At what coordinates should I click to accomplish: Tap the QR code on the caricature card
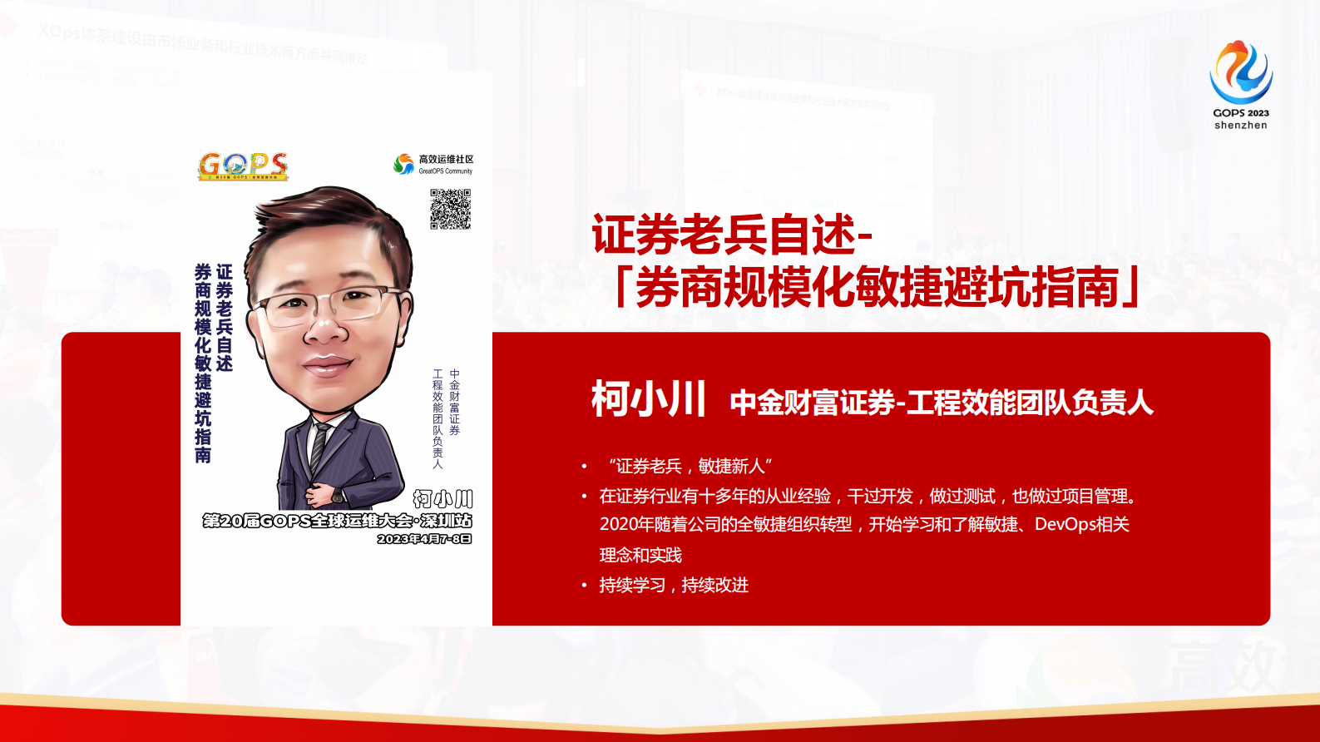(450, 209)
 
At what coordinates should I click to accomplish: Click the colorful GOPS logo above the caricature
(243, 166)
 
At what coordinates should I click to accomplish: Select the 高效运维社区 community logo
(433, 164)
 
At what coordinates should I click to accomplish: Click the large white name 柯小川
(648, 399)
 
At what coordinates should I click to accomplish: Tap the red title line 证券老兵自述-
(732, 235)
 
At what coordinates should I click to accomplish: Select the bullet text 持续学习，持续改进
(674, 585)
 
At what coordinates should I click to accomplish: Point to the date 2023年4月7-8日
(424, 539)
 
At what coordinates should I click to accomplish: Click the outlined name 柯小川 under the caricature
(442, 499)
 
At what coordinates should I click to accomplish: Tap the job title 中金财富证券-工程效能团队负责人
(941, 403)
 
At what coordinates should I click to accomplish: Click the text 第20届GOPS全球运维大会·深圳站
(337, 521)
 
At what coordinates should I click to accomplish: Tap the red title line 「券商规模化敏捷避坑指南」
(878, 288)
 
